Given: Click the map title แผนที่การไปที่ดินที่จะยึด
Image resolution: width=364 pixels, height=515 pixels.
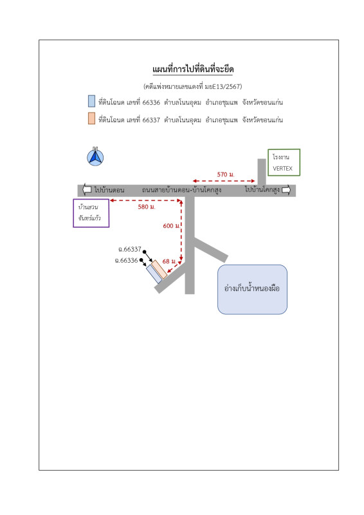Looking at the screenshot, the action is pos(193,70).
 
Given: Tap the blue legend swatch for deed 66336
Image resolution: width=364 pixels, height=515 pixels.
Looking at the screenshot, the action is pos(91,101).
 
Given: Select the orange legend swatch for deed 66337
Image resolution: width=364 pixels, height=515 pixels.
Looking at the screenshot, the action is pos(91,118).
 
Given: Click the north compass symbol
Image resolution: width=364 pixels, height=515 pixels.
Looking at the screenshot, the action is pos(95,157).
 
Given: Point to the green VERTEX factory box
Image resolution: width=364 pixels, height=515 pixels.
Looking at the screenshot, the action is pos(284,162).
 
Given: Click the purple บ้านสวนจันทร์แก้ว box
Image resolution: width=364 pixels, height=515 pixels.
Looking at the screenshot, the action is pos(91,213).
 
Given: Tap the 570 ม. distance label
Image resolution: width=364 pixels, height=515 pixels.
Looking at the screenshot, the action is pos(226,174).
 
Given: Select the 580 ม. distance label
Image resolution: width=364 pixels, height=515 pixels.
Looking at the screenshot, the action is pos(147,207).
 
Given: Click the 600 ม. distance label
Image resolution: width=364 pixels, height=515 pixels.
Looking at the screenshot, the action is pos(172,226).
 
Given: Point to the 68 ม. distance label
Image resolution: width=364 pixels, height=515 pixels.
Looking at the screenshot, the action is pos(169,261).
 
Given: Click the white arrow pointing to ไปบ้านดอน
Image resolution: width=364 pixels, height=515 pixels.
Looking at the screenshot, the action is pos(87,189).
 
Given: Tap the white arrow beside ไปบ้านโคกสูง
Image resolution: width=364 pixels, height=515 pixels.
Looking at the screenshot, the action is pos(286,190).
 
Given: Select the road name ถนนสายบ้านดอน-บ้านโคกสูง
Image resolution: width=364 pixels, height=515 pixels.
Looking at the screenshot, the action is pos(181,190).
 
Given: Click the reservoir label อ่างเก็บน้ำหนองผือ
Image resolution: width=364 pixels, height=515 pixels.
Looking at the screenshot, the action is pos(252,288).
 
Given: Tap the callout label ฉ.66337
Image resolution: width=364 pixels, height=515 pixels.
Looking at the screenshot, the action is pos(130,249).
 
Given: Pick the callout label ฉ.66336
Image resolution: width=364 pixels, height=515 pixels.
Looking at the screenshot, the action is pos(126,261).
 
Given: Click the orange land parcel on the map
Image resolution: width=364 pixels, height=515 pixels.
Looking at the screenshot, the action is pos(159,269).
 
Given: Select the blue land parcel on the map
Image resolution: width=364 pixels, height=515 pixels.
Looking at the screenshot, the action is pos(154,274).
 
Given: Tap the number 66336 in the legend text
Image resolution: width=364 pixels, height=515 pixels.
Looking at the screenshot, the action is pos(151,102).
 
